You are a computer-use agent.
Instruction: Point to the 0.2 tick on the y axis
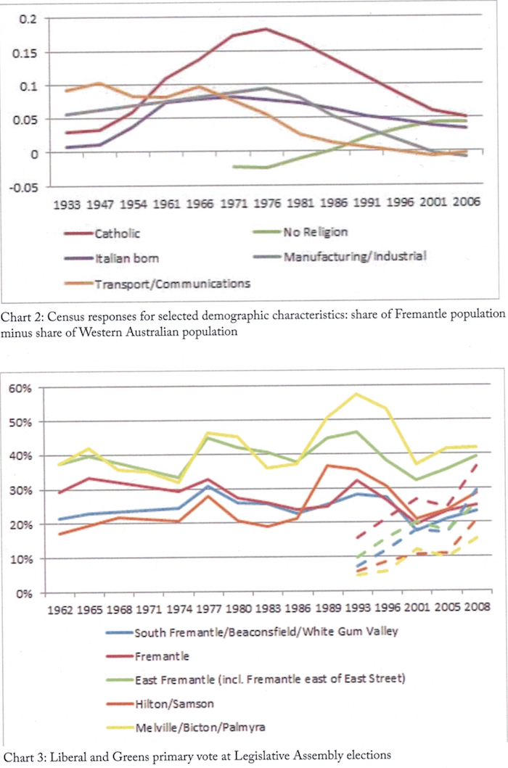click(x=27, y=18)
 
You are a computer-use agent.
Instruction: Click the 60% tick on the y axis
click(x=23, y=388)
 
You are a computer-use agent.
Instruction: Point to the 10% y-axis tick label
click(x=23, y=559)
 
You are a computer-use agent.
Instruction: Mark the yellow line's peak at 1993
click(x=376, y=394)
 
